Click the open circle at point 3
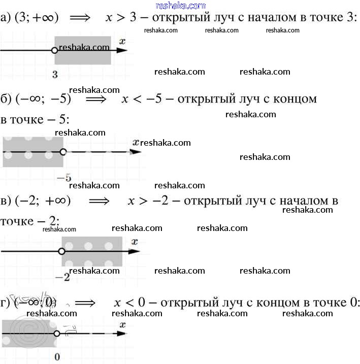click(x=55, y=50)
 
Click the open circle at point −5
click(x=63, y=151)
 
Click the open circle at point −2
click(x=62, y=251)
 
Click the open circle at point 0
click(x=57, y=334)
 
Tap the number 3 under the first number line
click(x=54, y=75)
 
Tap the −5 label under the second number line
click(x=64, y=177)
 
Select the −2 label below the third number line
click(x=62, y=277)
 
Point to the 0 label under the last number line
click(x=57, y=357)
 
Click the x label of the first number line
click(x=122, y=40)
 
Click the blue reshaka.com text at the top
click(x=181, y=6)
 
